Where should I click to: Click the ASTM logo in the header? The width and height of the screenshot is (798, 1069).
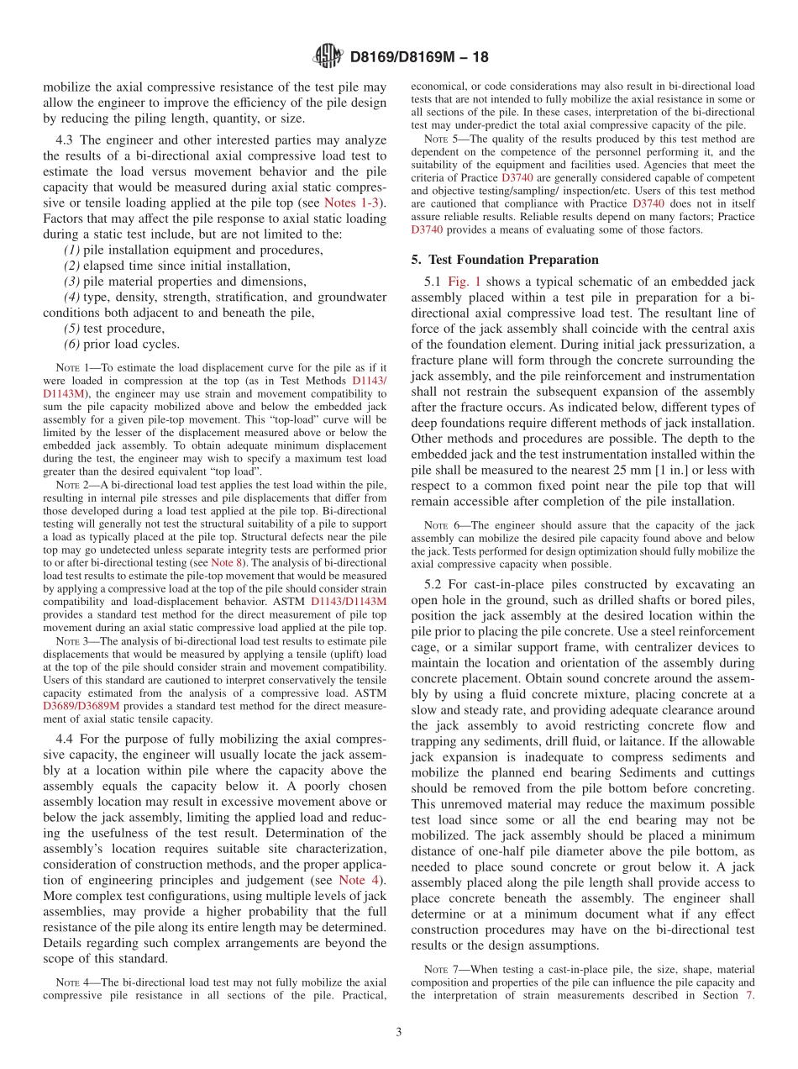click(328, 57)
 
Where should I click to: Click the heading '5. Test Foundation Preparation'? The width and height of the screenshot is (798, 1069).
click(505, 260)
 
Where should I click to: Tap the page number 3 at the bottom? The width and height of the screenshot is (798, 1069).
click(399, 1033)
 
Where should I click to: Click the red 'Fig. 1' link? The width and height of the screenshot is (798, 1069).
click(465, 282)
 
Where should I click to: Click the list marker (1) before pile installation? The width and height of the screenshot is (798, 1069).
click(72, 250)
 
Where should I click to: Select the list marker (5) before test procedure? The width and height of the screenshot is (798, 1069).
click(72, 329)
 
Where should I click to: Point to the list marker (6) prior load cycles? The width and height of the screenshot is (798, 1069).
click(72, 344)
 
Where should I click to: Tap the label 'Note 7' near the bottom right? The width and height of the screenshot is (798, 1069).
click(443, 969)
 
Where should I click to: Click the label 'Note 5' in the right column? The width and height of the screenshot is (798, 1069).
click(443, 139)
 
